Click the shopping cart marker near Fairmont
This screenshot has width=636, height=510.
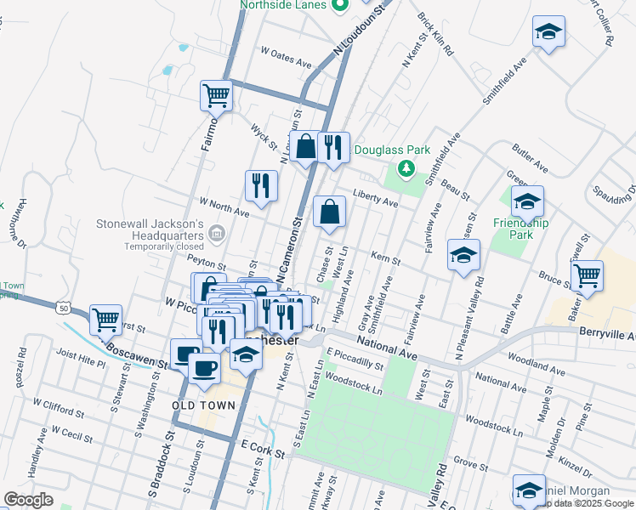pyautogui.click(x=217, y=95)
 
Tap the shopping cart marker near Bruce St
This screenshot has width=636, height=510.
pyautogui.click(x=587, y=275)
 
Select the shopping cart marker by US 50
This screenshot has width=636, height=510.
pyautogui.click(x=105, y=321)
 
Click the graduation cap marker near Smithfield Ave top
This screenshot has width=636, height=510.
pyautogui.click(x=548, y=33)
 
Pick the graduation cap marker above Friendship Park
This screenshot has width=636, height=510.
pyautogui.click(x=527, y=202)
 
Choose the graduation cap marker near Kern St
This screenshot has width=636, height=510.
pyautogui.click(x=463, y=255)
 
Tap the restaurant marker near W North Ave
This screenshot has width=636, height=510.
pyautogui.click(x=261, y=185)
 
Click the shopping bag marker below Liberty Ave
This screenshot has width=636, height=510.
pyautogui.click(x=329, y=212)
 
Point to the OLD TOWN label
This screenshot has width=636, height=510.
pyautogui.click(x=203, y=405)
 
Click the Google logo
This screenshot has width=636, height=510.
pyautogui.click(x=28, y=500)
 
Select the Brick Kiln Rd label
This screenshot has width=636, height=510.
pyautogui.click(x=435, y=34)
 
